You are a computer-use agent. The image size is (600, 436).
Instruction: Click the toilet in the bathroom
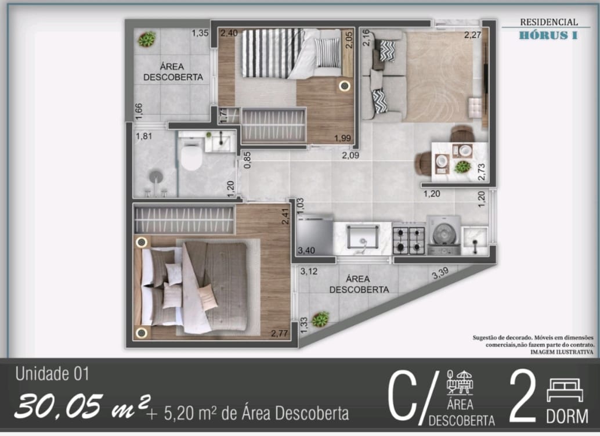[190, 157]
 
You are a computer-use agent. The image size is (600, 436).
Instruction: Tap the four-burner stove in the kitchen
[409, 239]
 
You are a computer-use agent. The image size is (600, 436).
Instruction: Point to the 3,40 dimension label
[306, 251]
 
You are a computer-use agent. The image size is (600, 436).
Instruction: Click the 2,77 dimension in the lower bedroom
[280, 333]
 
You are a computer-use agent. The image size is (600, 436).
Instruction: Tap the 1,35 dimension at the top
[200, 33]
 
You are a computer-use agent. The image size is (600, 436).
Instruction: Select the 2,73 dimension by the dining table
[481, 171]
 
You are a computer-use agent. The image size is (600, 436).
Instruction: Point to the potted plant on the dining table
[462, 167]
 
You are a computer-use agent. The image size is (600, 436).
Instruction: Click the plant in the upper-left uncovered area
[146, 39]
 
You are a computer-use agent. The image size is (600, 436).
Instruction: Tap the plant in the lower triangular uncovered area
[320, 319]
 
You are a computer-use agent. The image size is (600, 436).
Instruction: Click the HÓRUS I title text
[548, 35]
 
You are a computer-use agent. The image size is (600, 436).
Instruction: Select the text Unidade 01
[52, 374]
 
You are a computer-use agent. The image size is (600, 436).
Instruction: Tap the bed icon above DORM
[565, 390]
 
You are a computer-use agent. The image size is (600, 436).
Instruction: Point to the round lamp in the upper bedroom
[345, 86]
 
